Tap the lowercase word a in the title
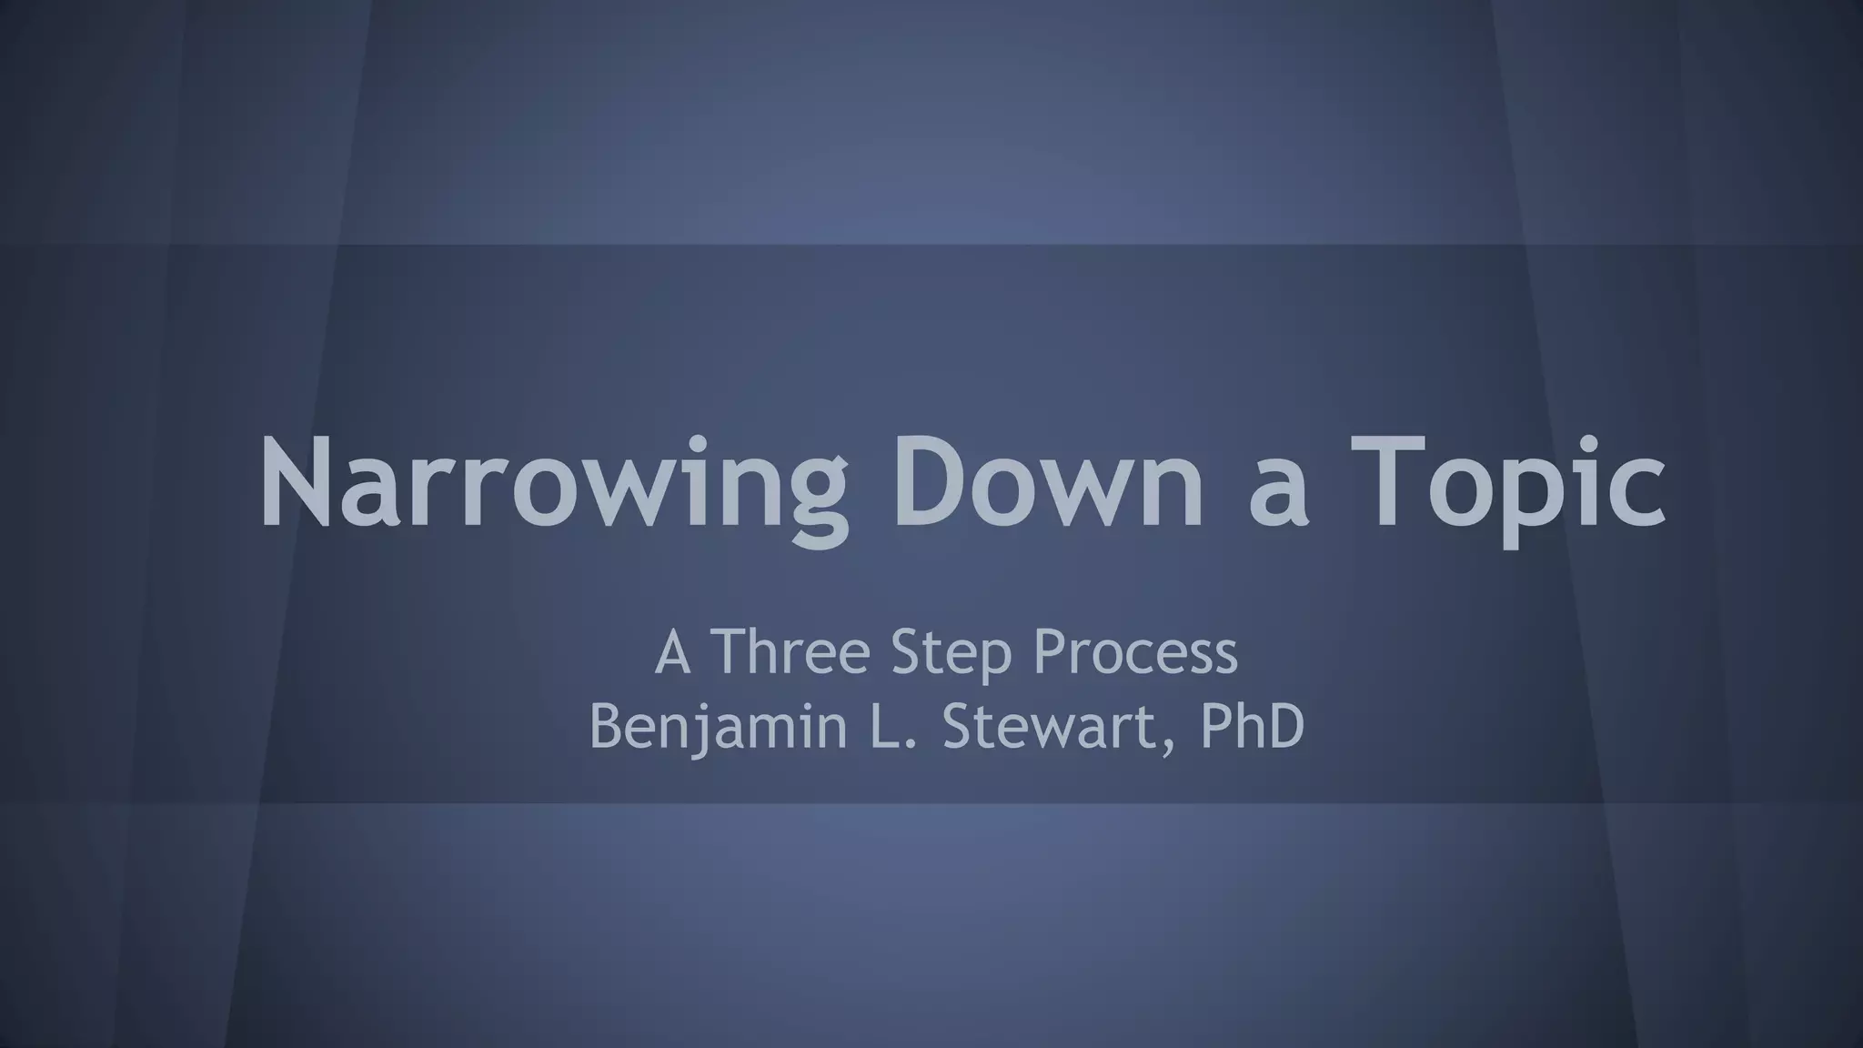pyautogui.click(x=1279, y=496)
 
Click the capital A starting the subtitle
pyautogui.click(x=672, y=652)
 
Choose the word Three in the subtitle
pyautogui.click(x=790, y=652)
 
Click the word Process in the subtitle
pyautogui.click(x=1136, y=652)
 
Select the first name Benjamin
pyautogui.click(x=718, y=727)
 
